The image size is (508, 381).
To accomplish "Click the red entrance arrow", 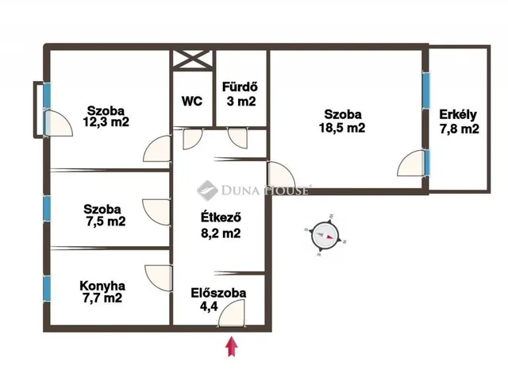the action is (x=232, y=346).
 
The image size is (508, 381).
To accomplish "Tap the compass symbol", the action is (x=325, y=236).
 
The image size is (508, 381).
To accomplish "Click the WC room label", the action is (x=192, y=101).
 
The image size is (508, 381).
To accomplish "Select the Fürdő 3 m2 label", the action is (x=241, y=94).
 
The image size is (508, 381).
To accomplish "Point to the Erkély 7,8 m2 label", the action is (x=459, y=121).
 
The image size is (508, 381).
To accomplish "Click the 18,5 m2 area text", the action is (x=342, y=128).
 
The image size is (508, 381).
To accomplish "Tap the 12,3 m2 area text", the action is (x=106, y=122).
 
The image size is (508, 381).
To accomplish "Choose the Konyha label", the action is (x=102, y=286).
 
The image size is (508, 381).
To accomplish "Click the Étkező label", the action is (x=221, y=217).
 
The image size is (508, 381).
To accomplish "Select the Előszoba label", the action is (x=218, y=293).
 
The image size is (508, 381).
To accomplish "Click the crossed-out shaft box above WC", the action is (x=192, y=60).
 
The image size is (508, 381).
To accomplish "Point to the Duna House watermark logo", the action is (x=207, y=190).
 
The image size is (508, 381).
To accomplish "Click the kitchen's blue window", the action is (x=48, y=288).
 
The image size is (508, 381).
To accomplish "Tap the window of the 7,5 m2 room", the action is (x=48, y=209).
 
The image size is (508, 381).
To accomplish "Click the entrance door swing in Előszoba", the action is (x=232, y=313).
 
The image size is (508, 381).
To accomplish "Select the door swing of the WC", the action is (x=192, y=139).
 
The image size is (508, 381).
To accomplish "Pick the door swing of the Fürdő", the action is (x=238, y=138).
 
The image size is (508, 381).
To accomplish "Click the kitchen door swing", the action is (x=159, y=278).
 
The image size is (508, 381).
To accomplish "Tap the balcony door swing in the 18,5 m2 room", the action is (x=411, y=163).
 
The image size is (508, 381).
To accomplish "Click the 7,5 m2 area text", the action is (x=106, y=221).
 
